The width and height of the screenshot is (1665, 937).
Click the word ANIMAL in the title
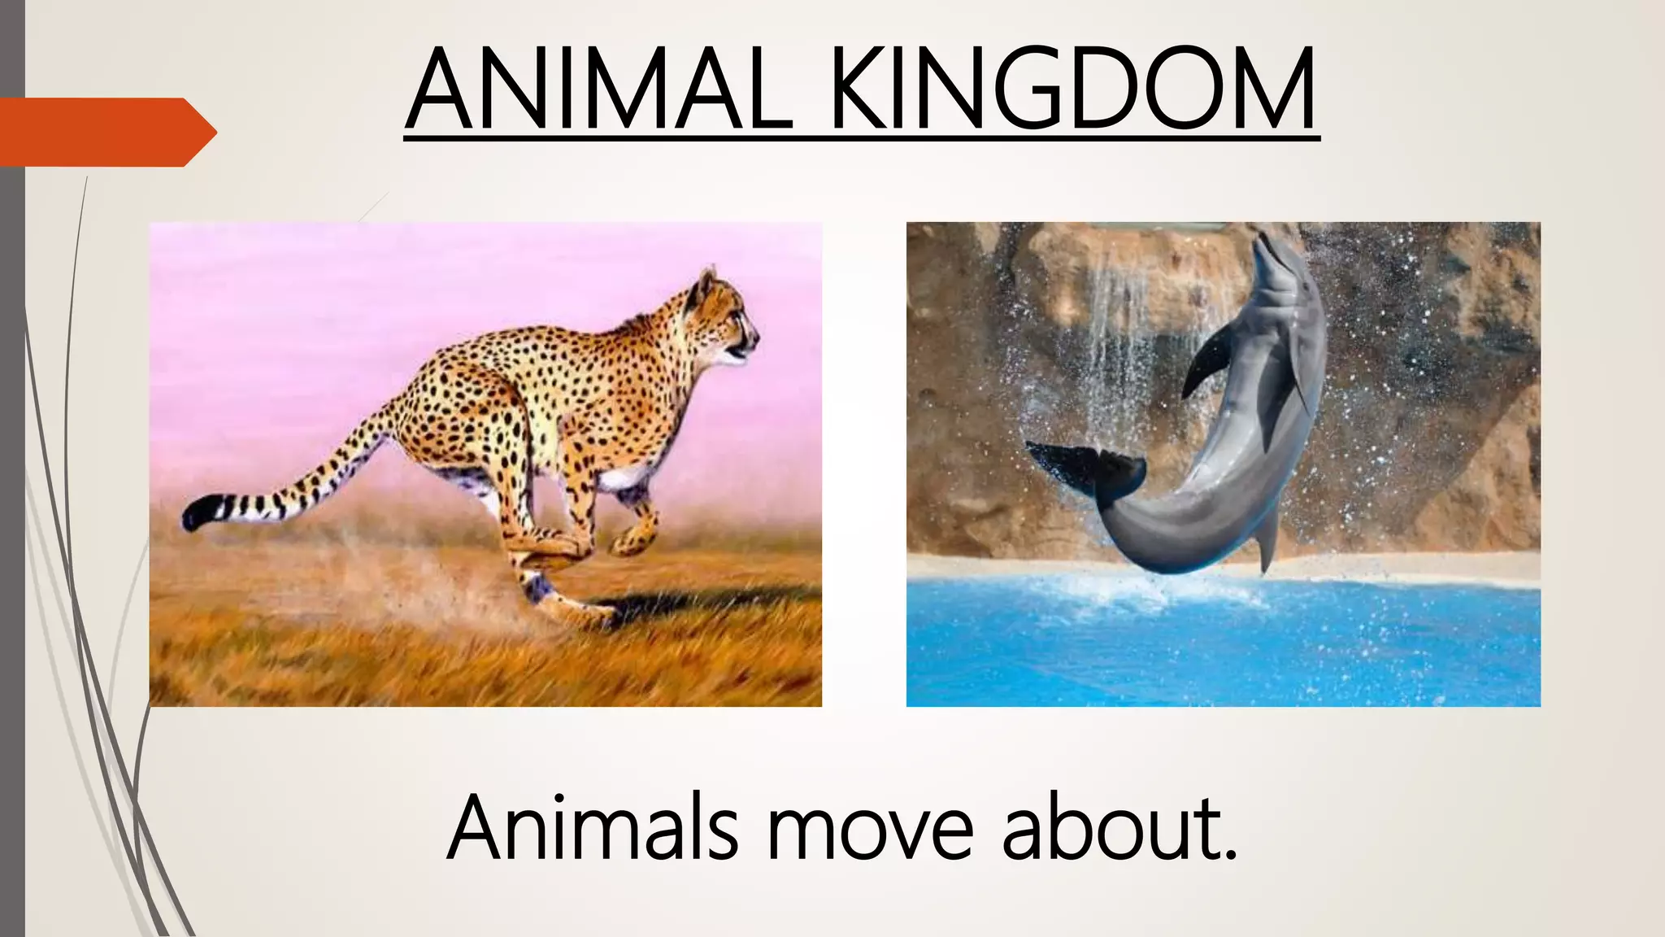[600, 89]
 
